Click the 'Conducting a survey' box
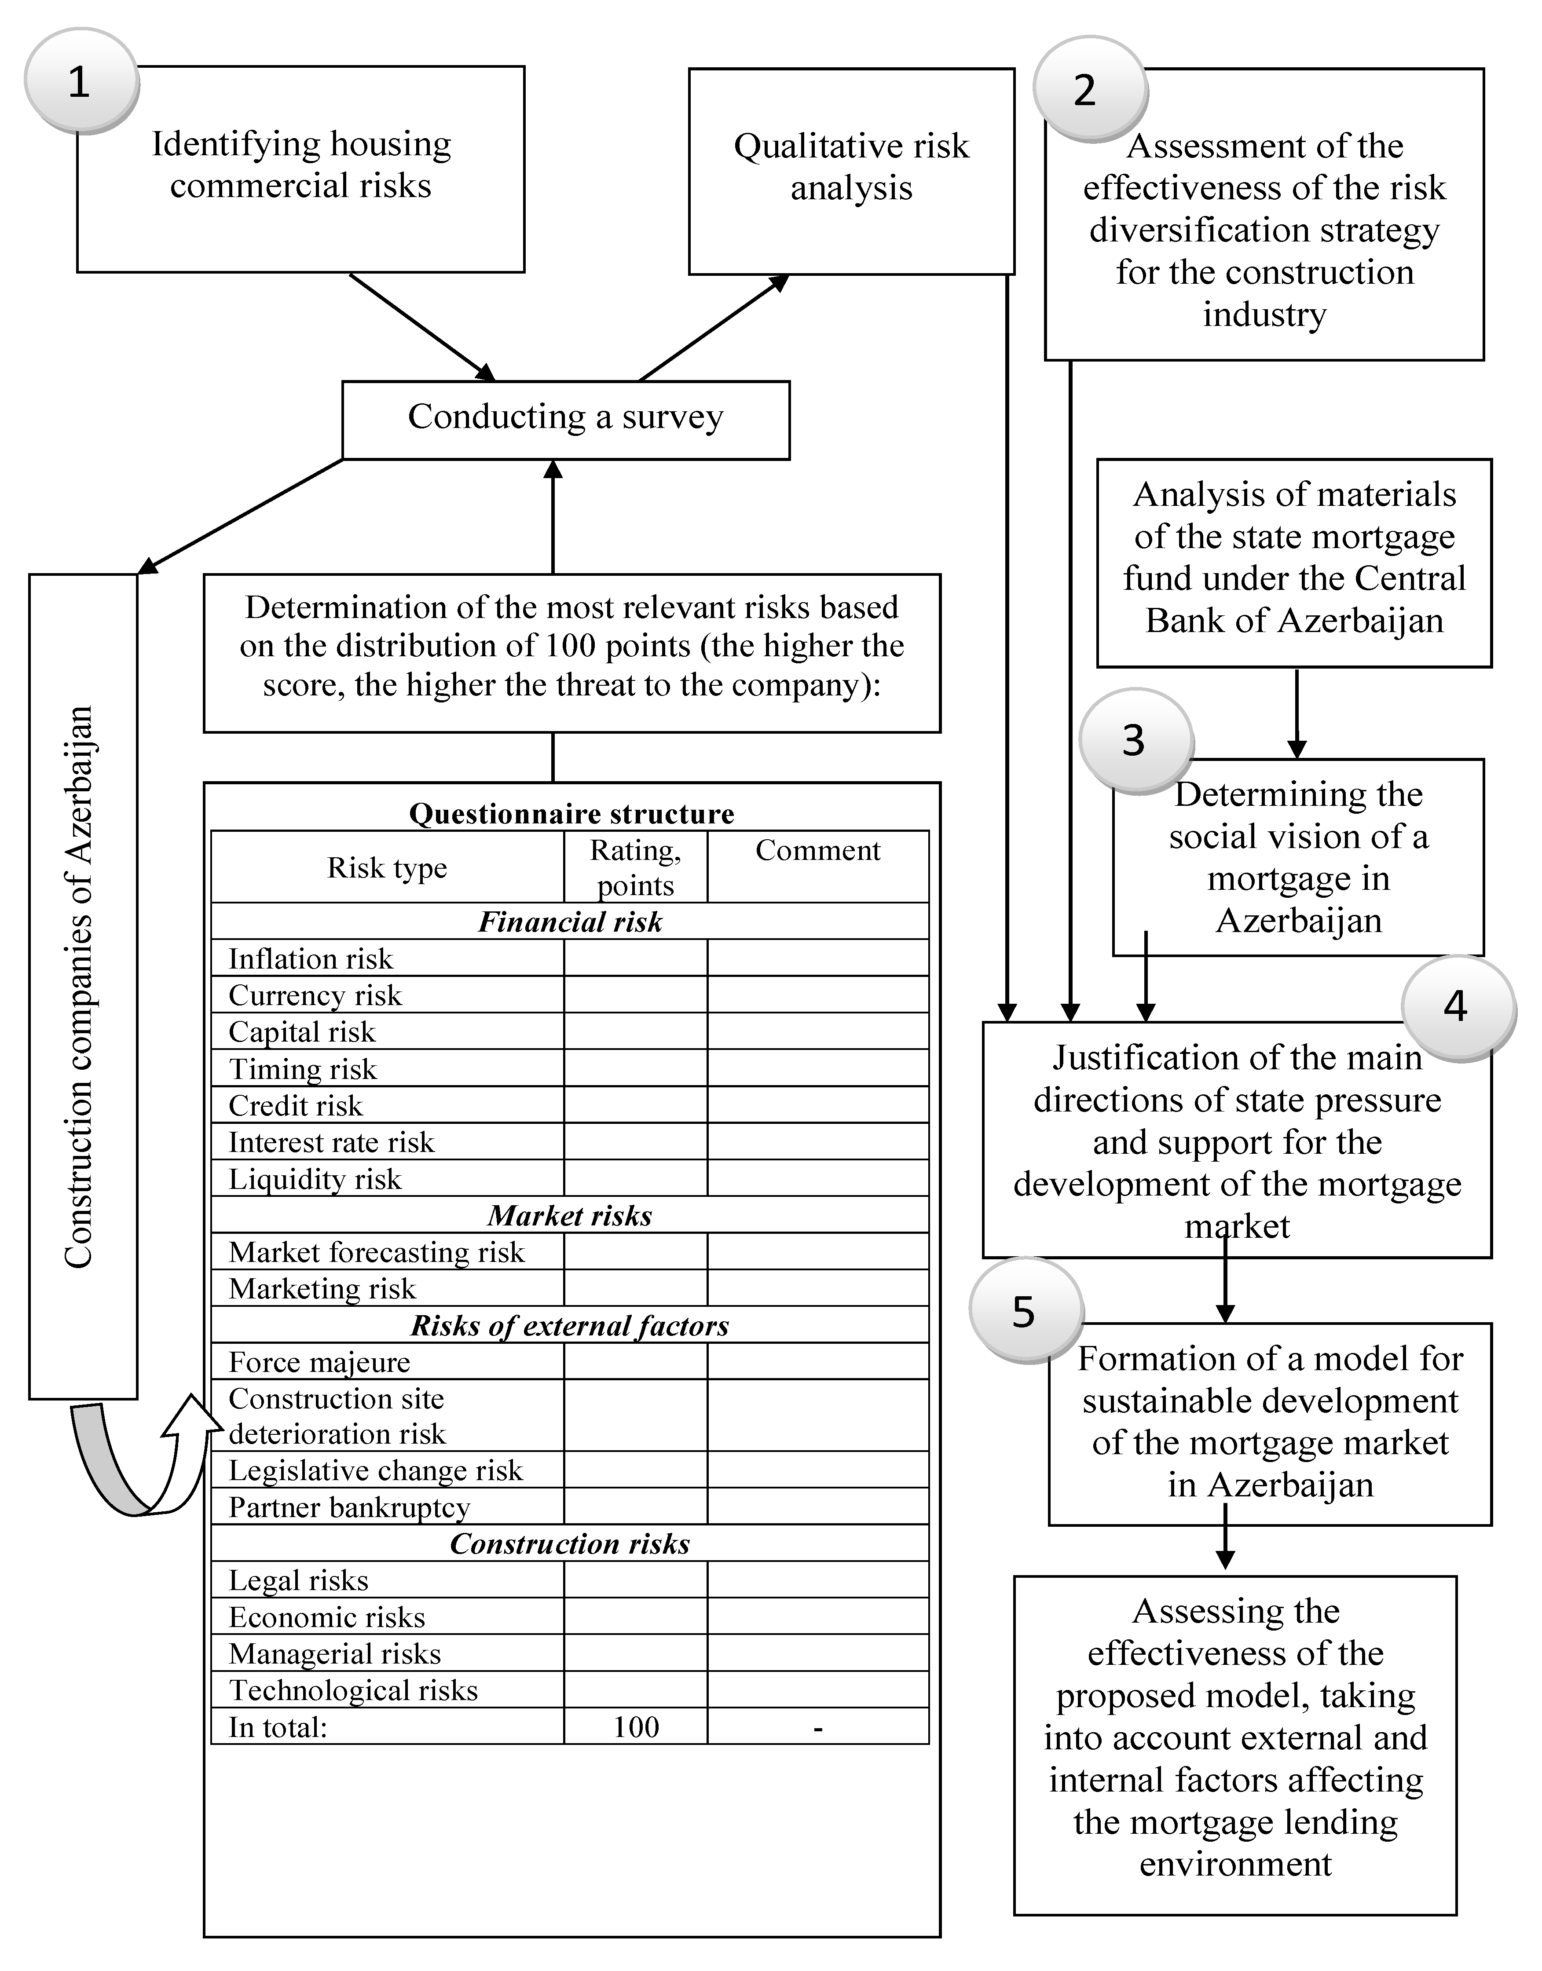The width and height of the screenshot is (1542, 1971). pos(565,419)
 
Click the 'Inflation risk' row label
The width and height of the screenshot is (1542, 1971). pos(311,958)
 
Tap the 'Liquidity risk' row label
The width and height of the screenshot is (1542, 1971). pos(314,1179)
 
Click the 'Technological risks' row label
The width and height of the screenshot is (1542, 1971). pos(353,1690)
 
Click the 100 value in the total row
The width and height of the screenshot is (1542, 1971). pos(636,1727)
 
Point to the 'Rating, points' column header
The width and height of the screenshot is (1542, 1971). pos(636,867)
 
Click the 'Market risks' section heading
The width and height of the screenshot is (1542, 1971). pos(570,1216)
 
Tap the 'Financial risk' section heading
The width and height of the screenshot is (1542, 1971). pos(570,922)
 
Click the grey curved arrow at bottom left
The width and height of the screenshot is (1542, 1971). pos(113,1462)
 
